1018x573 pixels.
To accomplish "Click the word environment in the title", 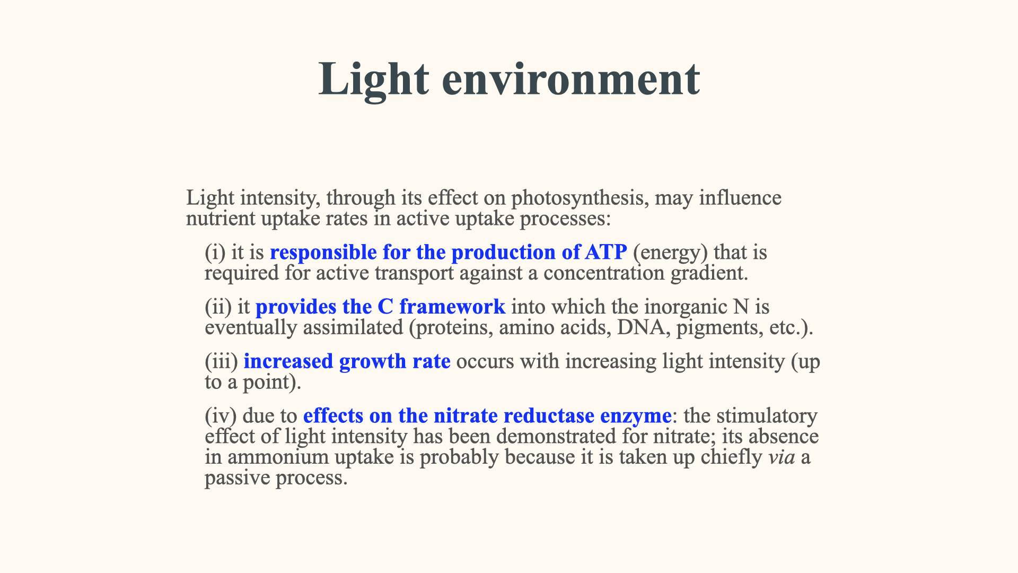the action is coord(571,79).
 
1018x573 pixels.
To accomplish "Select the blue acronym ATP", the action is coord(606,252).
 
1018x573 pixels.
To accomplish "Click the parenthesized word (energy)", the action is coord(670,253).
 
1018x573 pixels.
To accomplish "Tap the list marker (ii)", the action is coord(218,307).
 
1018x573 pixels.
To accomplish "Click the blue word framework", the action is coord(452,307).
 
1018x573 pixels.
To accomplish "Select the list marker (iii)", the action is coord(222,361).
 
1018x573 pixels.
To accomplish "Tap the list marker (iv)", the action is coord(221,416).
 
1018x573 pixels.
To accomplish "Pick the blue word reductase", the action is coord(549,416).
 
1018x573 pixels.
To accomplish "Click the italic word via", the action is coord(782,457).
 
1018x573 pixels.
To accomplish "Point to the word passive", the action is coord(238,479).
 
